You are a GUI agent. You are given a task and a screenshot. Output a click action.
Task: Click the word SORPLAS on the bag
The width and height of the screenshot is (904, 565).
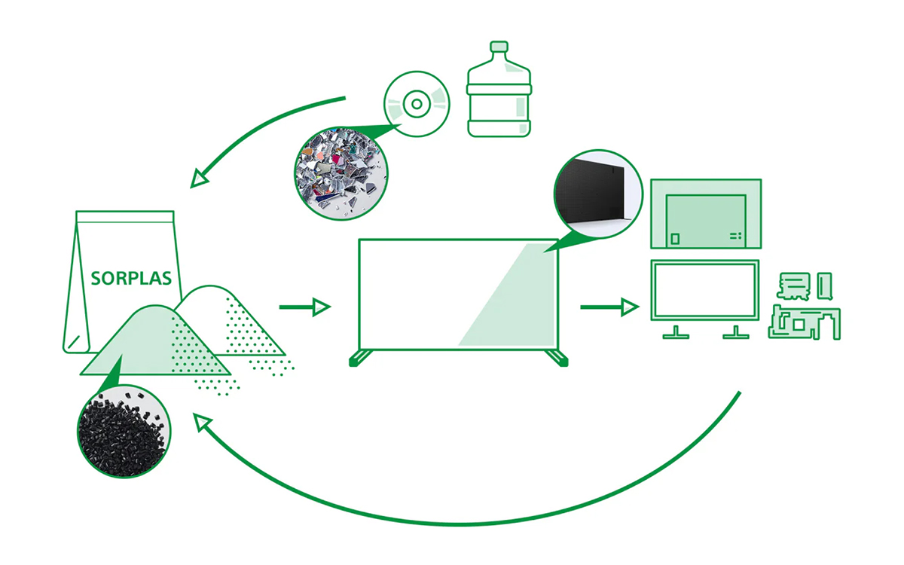(131, 278)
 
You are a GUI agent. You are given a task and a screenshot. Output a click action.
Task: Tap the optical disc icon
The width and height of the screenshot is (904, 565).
(417, 106)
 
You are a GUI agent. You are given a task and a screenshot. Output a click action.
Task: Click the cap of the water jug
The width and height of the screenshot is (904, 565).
(499, 48)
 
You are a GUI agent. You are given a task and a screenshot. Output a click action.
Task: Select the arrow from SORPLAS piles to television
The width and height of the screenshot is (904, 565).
(304, 307)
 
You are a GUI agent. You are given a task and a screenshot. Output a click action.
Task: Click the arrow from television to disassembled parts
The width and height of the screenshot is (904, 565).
(609, 307)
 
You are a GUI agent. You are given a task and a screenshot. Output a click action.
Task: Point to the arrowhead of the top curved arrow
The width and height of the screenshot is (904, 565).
(200, 179)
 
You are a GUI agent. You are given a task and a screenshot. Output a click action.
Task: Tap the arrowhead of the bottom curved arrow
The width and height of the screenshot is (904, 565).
(203, 423)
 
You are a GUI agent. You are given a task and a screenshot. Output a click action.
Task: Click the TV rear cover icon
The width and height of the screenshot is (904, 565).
(705, 214)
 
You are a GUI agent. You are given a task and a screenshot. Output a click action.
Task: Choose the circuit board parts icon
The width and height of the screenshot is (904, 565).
(804, 305)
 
